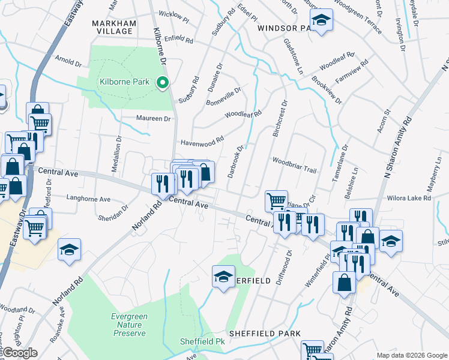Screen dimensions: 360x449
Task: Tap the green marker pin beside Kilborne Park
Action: pos(161,83)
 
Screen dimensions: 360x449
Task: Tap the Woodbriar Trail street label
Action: pos(294,170)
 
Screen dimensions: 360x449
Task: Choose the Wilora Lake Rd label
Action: pos(410,197)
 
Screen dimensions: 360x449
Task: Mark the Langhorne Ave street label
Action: pos(88,199)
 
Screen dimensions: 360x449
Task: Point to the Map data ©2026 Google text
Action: pos(411,355)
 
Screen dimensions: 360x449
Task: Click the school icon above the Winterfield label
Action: pos(223,277)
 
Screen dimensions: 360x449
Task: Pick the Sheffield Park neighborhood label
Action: pos(264,333)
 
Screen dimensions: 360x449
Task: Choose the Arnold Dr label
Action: pos(68,62)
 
